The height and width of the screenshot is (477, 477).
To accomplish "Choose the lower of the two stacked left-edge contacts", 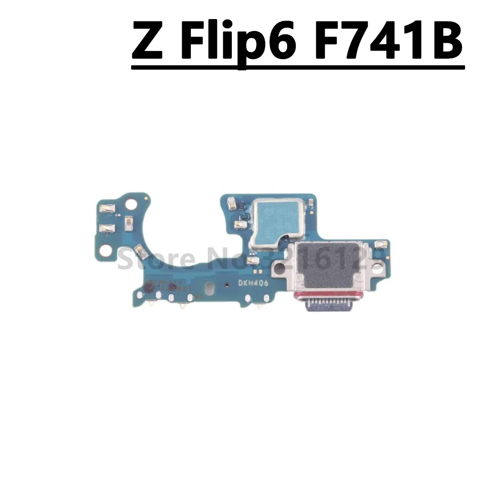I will (106, 228).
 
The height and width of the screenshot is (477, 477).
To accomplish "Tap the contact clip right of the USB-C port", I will (381, 245).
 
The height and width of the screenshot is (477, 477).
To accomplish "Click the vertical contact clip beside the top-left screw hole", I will (128, 222).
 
